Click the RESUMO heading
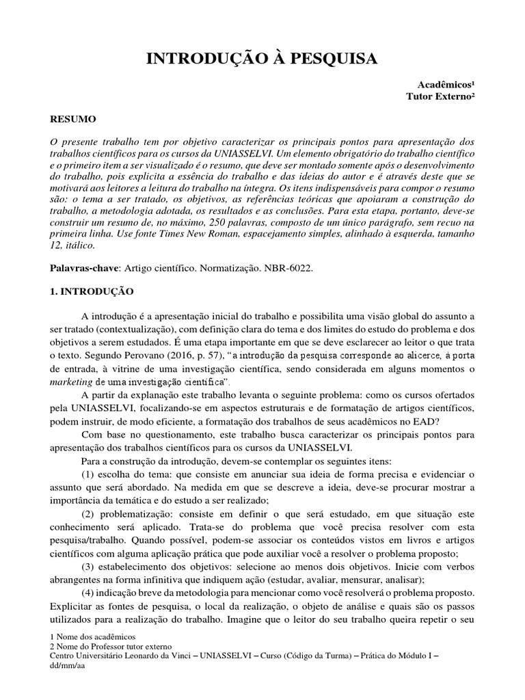(73, 119)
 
